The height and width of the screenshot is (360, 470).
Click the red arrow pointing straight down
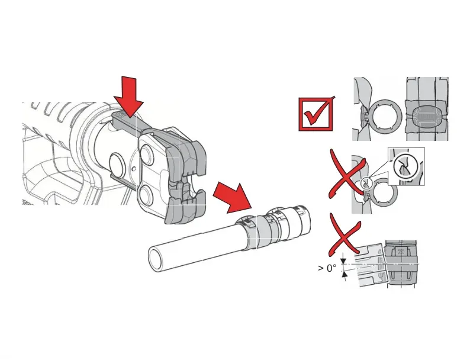pyautogui.click(x=129, y=96)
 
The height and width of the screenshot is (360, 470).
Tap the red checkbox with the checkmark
pyautogui.click(x=316, y=114)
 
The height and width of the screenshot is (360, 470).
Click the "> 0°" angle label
pyautogui.click(x=327, y=268)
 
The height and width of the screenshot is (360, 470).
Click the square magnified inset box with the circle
pyautogui.click(x=406, y=166)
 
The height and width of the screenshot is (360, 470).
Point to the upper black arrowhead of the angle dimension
pyautogui.click(x=343, y=261)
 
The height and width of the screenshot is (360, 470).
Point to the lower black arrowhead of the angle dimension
pyautogui.click(x=345, y=274)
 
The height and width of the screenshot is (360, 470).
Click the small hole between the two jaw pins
pyautogui.click(x=134, y=168)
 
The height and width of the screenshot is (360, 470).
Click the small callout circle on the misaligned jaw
pyautogui.click(x=365, y=182)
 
